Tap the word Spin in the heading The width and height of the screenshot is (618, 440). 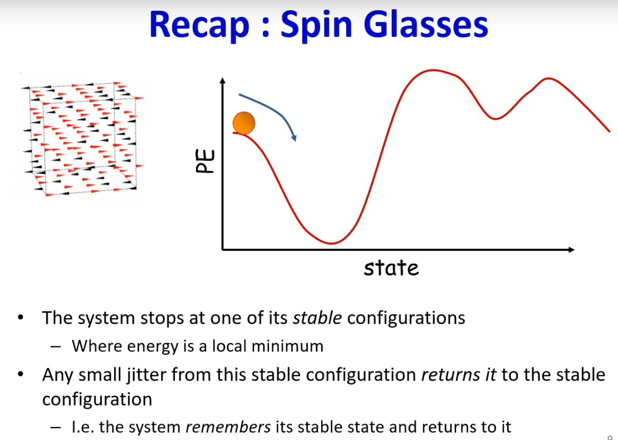(x=316, y=26)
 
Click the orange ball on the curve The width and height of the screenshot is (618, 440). (x=244, y=123)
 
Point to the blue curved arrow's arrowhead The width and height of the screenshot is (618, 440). (x=295, y=137)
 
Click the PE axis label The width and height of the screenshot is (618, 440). (x=205, y=161)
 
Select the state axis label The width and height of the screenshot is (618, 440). (x=391, y=268)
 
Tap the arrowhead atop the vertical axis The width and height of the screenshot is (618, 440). (x=222, y=81)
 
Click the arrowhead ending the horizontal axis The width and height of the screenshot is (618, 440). (x=571, y=249)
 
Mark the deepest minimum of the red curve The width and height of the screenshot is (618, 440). (x=331, y=243)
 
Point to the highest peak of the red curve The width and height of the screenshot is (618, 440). (x=433, y=70)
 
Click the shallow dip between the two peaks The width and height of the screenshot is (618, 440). (x=495, y=118)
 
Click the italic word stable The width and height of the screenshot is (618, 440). (x=317, y=317)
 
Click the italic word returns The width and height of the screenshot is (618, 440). (x=451, y=375)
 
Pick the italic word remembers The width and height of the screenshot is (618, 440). (x=228, y=427)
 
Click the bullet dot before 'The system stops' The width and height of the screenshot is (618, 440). (x=20, y=317)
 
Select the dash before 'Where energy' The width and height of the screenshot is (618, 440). (x=55, y=347)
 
